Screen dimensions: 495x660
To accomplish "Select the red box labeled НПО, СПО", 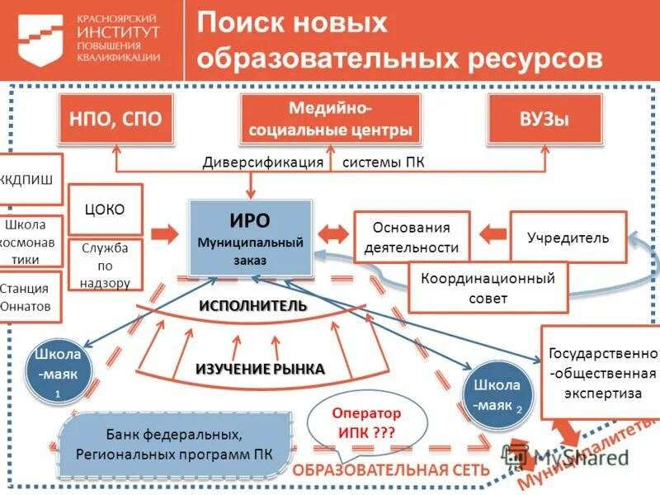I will tap(115, 119).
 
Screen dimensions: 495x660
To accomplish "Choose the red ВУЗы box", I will tap(544, 119).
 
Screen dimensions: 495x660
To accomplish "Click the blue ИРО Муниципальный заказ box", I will tap(250, 238).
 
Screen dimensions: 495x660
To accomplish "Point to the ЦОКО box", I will tap(105, 210).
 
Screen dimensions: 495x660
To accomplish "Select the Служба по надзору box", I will tap(105, 265).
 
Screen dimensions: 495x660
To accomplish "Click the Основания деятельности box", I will tap(411, 238).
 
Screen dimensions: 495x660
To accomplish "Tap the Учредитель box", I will tap(568, 238).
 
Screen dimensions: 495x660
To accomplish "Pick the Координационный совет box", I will tap(488, 288).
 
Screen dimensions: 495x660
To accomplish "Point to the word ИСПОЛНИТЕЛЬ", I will tap(252, 306).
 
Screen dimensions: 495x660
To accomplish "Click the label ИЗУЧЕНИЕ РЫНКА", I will tap(260, 369).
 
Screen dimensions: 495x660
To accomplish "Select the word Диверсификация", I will tap(263, 163).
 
